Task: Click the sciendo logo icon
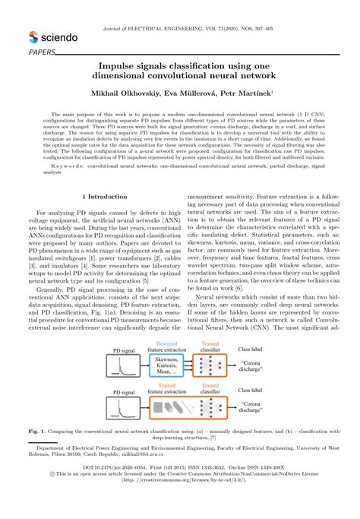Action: click(x=33, y=36)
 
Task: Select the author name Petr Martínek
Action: click(x=252, y=93)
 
